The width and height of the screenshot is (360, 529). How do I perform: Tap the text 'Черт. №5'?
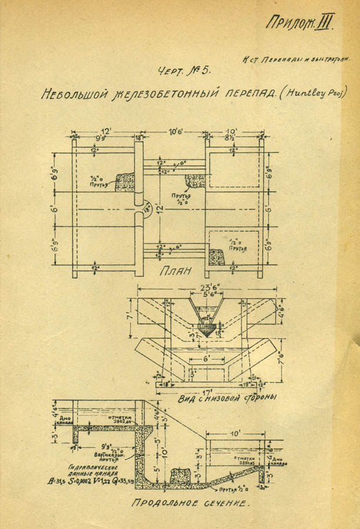[x=184, y=72]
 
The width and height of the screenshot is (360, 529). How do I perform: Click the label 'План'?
[x=174, y=272]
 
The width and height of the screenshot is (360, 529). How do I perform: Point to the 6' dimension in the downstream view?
[x=204, y=358]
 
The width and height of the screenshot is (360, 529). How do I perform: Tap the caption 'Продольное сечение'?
[x=186, y=504]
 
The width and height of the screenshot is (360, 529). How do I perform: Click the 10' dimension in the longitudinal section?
[x=236, y=433]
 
